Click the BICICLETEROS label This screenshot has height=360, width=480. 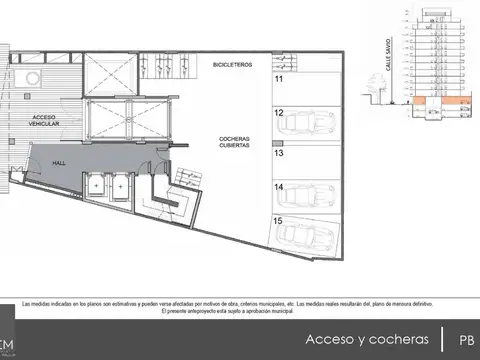click(x=233, y=64)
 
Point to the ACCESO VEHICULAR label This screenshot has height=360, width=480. click(x=44, y=122)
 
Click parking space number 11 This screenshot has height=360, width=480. click(x=279, y=78)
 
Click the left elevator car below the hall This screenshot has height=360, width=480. click(x=98, y=185)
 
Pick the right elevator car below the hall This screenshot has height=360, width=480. click(x=120, y=185)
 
